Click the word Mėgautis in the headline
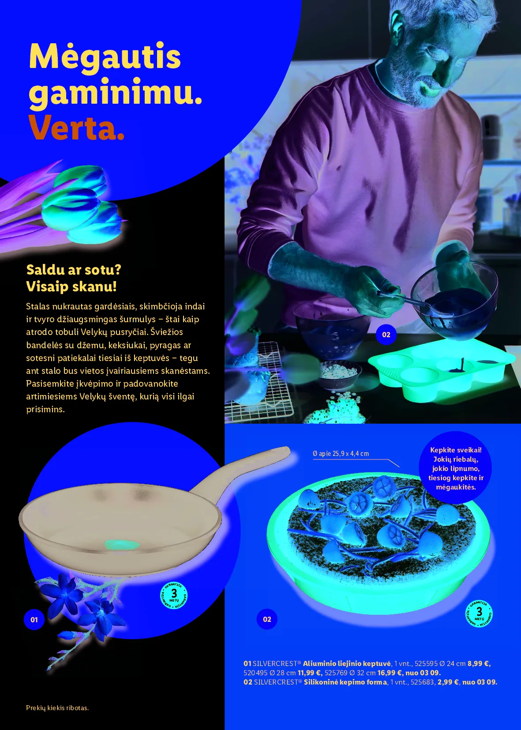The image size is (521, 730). [105, 57]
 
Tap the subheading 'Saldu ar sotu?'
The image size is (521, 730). [73, 270]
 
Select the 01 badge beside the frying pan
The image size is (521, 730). [34, 620]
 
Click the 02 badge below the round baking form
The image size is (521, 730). [267, 619]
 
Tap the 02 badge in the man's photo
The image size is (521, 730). [386, 335]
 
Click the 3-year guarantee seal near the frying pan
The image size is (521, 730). [174, 595]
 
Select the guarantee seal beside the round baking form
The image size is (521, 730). [479, 613]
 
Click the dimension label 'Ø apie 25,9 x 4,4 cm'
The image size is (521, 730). [341, 454]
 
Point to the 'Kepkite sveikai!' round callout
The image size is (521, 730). [456, 468]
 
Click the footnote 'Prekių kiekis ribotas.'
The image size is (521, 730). [57, 707]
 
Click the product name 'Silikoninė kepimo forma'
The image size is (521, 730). [345, 682]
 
